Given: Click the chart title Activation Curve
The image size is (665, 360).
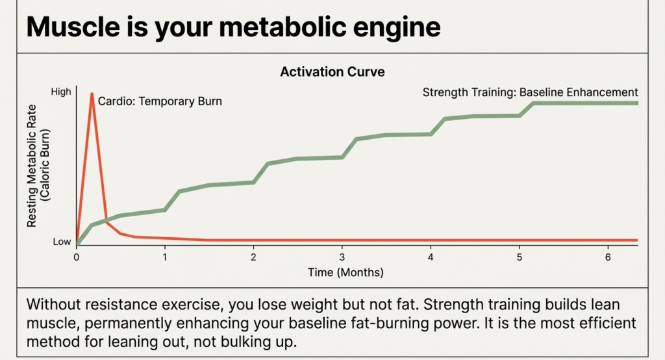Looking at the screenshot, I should tap(332, 71).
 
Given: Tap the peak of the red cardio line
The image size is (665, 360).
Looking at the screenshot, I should tap(92, 94).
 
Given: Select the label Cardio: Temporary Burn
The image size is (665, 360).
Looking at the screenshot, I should tap(160, 101).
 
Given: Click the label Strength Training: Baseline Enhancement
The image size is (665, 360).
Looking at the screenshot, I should tap(530, 92).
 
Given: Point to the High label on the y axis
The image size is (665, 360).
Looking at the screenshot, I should tap(60, 92).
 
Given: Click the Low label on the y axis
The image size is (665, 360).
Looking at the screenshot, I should tap(62, 242).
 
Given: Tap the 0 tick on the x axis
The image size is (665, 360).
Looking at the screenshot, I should tap(77, 257).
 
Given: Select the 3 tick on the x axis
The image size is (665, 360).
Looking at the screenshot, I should tap(342, 257).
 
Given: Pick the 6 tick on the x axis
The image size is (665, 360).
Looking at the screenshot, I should tap(607, 257).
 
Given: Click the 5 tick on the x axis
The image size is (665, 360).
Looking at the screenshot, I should tap(519, 257).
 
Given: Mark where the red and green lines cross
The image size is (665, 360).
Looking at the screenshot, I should tap(106, 222).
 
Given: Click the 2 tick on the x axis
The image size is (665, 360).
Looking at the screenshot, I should tap(253, 257).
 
